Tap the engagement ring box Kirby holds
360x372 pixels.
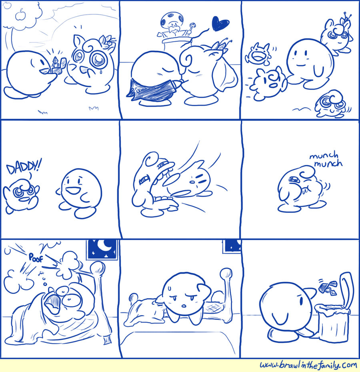[x=56, y=65]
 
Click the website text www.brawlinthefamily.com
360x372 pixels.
[x=308, y=365]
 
